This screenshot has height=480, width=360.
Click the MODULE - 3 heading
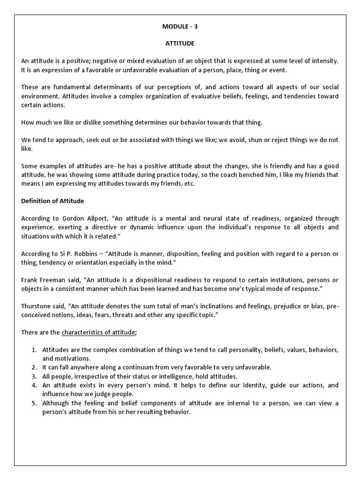point(180,27)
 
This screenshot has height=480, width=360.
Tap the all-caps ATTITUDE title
point(180,44)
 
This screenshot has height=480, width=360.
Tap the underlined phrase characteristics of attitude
point(98,332)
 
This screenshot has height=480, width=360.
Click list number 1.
point(34,350)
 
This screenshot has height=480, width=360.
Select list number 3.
point(34,376)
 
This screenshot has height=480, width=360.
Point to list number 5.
point(34,403)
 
